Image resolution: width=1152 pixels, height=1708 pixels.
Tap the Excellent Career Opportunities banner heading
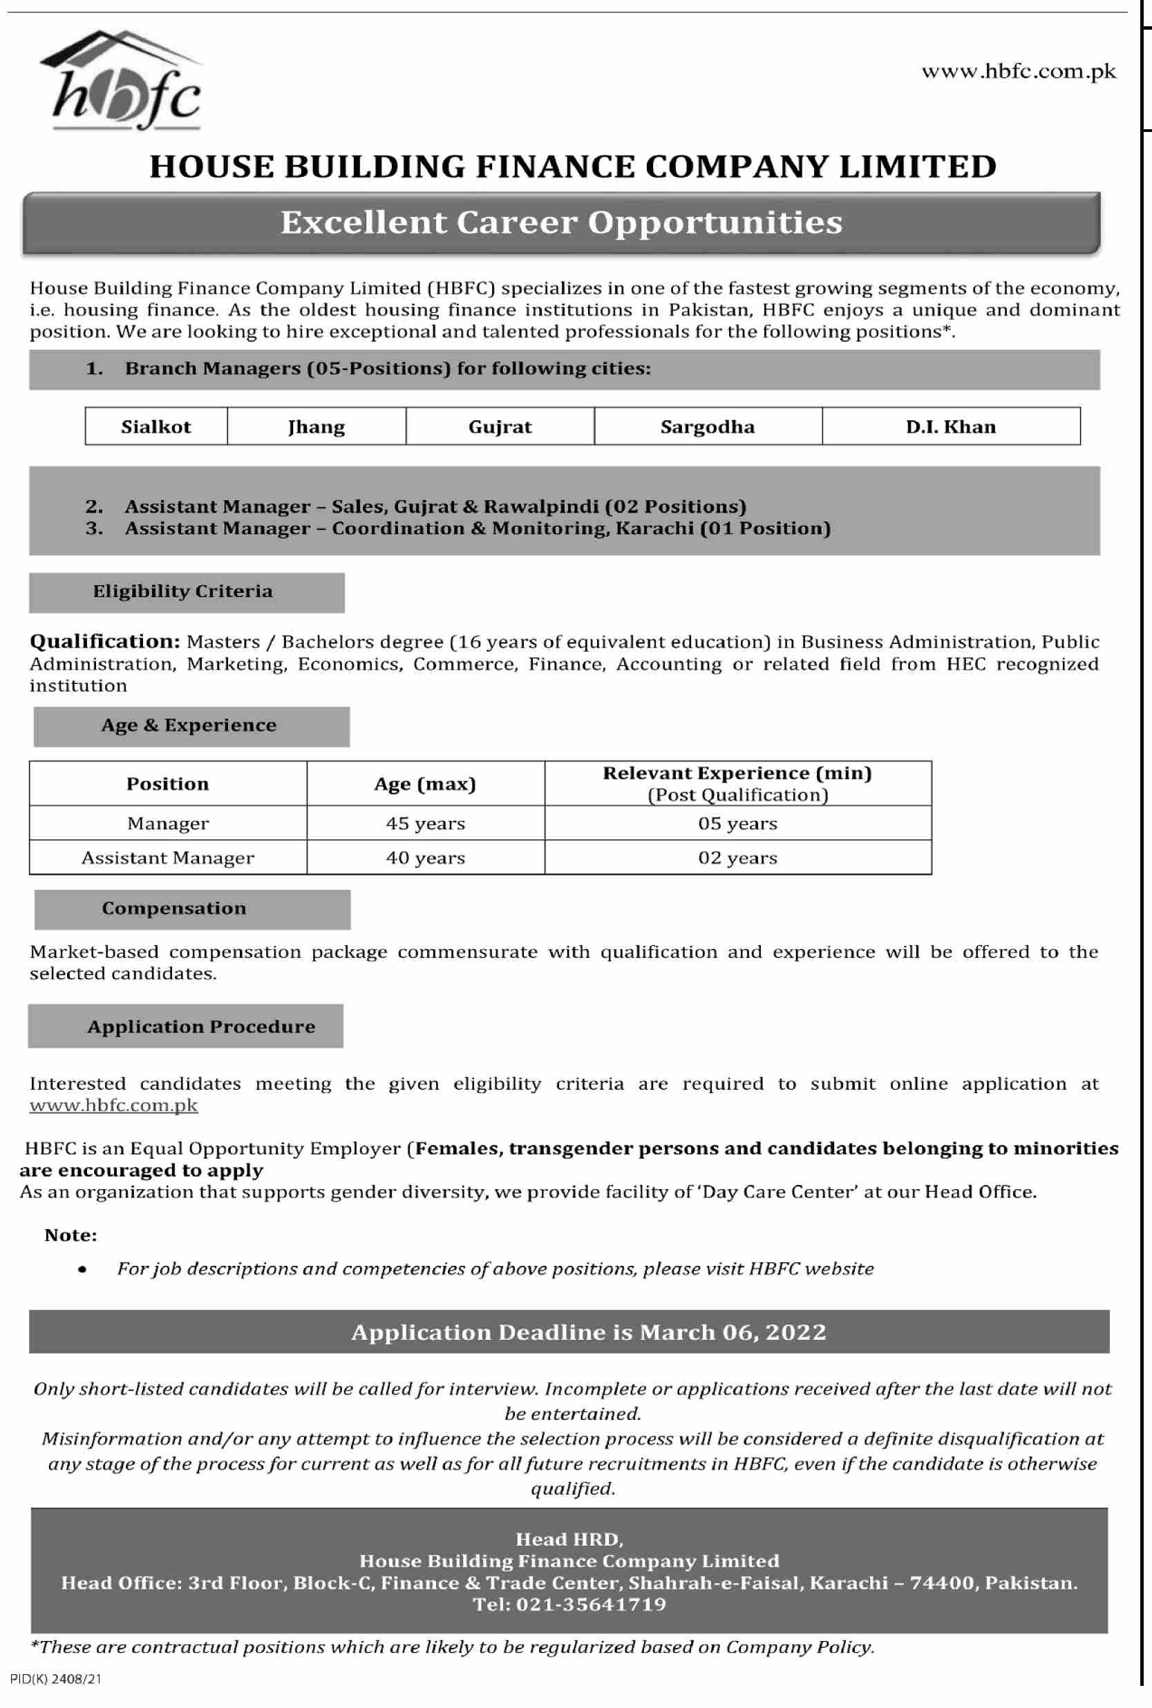point(561,222)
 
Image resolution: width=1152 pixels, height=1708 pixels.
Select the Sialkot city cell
point(155,427)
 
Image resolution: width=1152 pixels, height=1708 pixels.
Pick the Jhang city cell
point(316,427)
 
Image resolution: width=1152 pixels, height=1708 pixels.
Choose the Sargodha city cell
point(707,427)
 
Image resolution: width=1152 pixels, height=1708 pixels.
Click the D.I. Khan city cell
point(950,427)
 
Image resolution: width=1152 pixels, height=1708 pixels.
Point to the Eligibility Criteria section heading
point(183,591)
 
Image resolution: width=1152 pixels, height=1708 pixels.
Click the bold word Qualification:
point(104,641)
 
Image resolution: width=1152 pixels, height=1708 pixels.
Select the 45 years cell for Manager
point(426,824)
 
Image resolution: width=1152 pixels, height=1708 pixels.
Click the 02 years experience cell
point(737,858)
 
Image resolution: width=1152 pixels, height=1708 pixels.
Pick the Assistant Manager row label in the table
point(167,858)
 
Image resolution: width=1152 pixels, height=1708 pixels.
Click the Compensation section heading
point(174,909)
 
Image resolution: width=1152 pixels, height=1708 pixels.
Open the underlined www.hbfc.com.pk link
point(114,1105)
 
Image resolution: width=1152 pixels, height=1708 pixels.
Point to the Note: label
point(70,1235)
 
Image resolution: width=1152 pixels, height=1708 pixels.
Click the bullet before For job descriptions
point(82,1269)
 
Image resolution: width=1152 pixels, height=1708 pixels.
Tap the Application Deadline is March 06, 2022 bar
point(588,1332)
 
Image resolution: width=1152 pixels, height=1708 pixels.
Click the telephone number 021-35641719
point(591,1604)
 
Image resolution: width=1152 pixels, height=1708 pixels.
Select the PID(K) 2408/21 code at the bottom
point(56,1678)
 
